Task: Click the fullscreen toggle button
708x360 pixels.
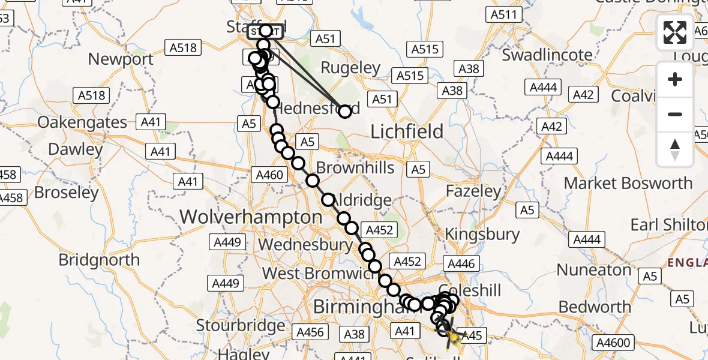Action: (675, 32)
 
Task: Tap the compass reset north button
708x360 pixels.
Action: (675, 149)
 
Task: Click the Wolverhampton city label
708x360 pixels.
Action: (251, 217)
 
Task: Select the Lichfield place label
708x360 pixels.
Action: (407, 131)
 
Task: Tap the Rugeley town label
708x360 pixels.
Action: (351, 68)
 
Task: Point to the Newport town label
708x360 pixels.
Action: (121, 59)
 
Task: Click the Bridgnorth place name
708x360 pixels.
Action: (99, 260)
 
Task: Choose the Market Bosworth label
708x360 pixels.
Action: (628, 182)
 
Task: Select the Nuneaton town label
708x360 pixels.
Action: (595, 269)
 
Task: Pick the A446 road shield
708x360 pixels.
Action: (460, 263)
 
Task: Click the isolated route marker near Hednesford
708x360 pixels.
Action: (345, 111)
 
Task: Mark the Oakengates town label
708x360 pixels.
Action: (82, 122)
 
